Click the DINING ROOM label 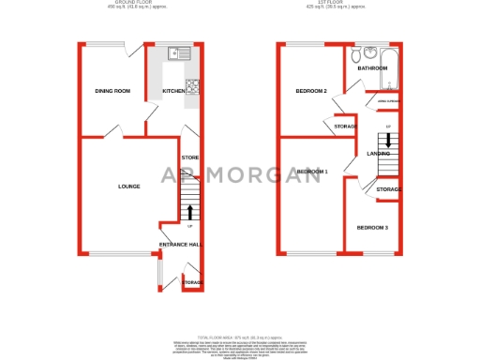[112, 91]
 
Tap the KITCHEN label [173, 91]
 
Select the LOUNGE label [128, 187]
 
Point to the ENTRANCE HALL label [180, 245]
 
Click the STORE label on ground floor [189, 157]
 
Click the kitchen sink [177, 53]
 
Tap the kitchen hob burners [194, 87]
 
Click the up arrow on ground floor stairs [190, 212]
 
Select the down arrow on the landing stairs [388, 141]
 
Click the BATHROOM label [372, 68]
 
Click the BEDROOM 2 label [311, 91]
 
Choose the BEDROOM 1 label [312, 172]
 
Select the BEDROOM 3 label [371, 228]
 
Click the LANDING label [378, 153]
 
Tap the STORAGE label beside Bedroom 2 [345, 126]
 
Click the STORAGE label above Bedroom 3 [388, 189]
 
